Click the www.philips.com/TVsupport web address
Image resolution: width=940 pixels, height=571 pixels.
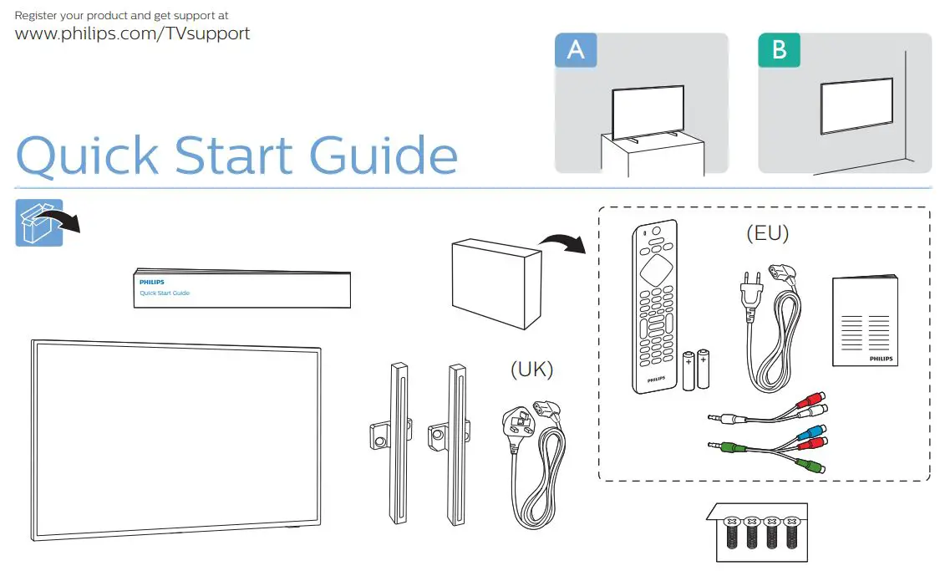133,34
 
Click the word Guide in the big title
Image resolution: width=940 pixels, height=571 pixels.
384,156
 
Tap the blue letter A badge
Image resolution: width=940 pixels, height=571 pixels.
576,50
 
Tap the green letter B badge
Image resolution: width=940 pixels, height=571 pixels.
779,50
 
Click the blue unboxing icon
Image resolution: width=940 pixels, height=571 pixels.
38,222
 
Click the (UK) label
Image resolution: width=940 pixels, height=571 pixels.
531,369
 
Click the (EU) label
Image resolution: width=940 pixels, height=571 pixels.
767,233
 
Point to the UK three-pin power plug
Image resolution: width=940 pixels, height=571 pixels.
516,421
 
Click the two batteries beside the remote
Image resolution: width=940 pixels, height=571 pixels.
695,369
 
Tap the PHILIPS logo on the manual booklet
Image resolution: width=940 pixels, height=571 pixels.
881,358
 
